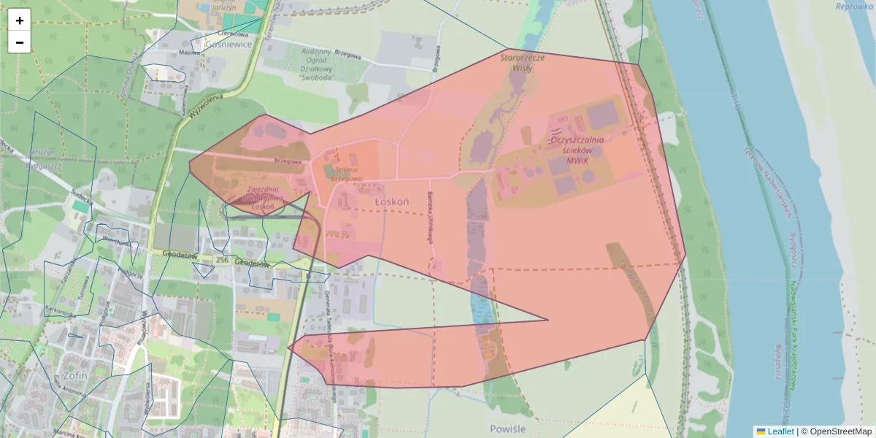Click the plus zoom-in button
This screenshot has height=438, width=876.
[x=20, y=20]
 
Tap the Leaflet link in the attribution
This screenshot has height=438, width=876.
[x=780, y=431]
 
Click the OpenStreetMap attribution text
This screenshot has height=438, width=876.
[x=840, y=431]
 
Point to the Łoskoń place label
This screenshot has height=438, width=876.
[x=391, y=201]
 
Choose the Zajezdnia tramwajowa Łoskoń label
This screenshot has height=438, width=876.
[x=263, y=198]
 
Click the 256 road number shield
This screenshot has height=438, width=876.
[x=223, y=260]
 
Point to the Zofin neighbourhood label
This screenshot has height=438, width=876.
[x=75, y=375]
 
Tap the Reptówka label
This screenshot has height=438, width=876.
[x=854, y=6]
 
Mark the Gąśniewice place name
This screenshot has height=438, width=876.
[x=229, y=44]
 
